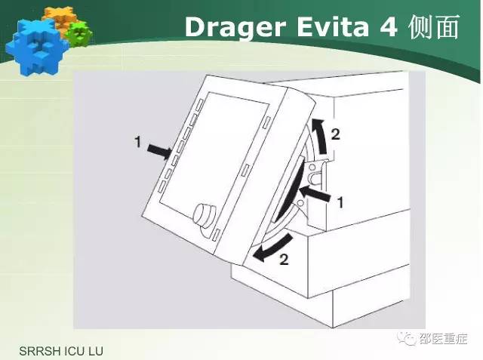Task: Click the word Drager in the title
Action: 234,28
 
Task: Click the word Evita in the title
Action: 333,26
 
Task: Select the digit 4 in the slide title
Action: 388,26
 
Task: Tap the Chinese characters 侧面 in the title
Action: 435,26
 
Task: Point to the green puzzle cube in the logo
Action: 79,34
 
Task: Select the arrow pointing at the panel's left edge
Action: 159,150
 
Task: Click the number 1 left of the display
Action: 137,143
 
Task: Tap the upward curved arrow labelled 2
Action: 319,136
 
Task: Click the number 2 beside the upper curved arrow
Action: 335,134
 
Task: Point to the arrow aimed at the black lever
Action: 315,194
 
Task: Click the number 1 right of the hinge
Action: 340,202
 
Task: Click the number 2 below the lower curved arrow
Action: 284,260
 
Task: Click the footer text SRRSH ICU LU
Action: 61,352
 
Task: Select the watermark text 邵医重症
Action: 443,339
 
